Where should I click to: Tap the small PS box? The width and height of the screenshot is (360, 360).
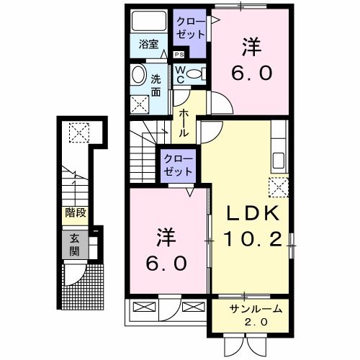click(179, 53)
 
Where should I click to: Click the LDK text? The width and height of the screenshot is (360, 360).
click(248, 215)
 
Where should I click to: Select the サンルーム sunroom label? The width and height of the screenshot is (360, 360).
click(256, 310)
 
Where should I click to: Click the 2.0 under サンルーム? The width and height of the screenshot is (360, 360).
click(256, 323)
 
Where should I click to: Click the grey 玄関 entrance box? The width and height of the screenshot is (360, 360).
click(75, 246)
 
